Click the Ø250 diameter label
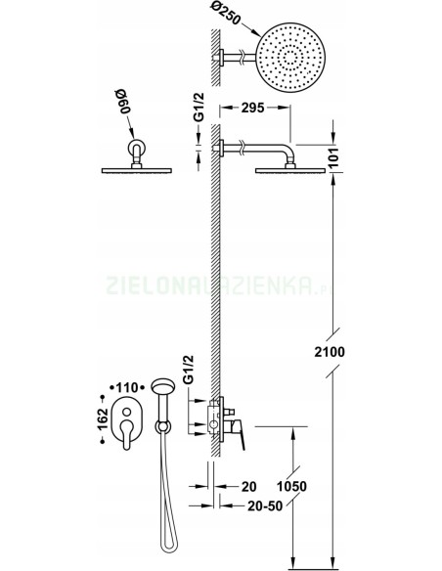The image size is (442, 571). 226,14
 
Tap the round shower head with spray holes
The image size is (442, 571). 290,58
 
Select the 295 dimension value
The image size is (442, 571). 252,108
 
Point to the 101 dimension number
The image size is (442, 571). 332,157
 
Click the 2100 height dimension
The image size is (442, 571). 330,352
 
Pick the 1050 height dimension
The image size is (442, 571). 291,486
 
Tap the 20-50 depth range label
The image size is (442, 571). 265,505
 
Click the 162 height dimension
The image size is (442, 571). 103,419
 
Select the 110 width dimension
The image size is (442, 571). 127,387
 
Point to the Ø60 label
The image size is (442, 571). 123,104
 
